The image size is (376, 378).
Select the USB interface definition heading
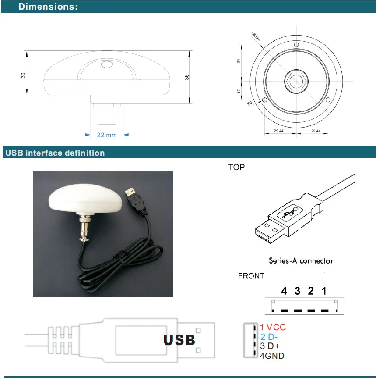tap(54, 153)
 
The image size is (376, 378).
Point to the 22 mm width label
tap(107, 135)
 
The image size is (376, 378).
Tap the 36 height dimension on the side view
tap(186, 77)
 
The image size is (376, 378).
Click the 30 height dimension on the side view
tap(23, 75)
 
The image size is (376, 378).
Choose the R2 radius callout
tap(249, 103)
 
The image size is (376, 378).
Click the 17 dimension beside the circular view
tap(239, 91)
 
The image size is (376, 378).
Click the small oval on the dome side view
tap(107, 65)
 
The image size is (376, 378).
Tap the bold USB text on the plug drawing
tap(179, 340)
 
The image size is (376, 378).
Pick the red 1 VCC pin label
tap(272, 327)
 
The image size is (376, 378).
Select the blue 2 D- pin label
tap(269, 337)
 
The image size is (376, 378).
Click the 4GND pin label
tap(271, 356)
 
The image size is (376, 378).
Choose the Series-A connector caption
tap(301, 260)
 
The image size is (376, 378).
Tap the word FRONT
tap(251, 276)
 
